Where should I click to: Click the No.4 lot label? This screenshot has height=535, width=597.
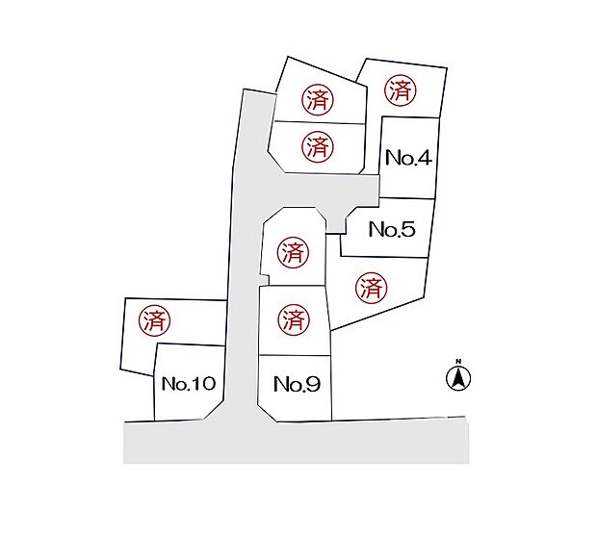tap(407, 159)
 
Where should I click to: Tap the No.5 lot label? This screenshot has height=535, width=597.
tap(391, 230)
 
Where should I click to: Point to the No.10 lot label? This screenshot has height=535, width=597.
tap(188, 384)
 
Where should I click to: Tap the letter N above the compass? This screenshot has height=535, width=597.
tap(458, 362)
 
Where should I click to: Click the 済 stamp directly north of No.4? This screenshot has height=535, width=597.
tap(401, 91)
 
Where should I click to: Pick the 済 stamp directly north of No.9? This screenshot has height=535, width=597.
tap(294, 318)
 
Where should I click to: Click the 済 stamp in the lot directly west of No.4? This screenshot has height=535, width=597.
tap(317, 147)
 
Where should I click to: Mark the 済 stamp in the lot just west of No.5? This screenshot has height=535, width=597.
tap(293, 253)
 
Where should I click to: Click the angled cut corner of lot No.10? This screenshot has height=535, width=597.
tap(215, 411)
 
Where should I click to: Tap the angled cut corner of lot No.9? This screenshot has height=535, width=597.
tap(269, 411)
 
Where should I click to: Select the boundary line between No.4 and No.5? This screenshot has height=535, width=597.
tap(408, 199)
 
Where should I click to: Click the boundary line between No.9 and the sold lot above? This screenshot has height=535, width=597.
tap(295, 355)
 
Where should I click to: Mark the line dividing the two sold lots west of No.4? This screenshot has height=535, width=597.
tap(318, 123)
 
